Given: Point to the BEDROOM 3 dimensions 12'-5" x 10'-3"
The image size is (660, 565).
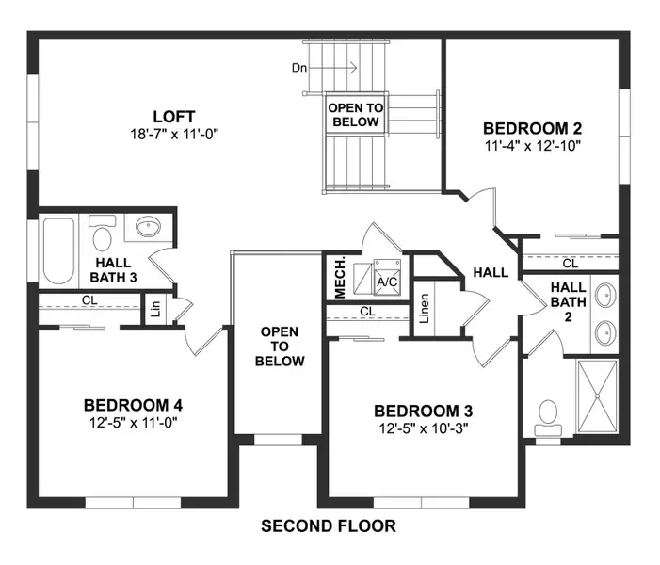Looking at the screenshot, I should tap(423, 428).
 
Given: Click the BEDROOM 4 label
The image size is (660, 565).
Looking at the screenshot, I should tap(132, 405).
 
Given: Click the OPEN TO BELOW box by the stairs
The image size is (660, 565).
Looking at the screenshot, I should tap(354, 115).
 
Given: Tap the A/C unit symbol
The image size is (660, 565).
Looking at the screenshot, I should tap(386, 275).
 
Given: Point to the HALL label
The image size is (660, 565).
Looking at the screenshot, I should tap(491, 273).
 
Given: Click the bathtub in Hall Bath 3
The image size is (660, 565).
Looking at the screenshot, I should tap(58, 250).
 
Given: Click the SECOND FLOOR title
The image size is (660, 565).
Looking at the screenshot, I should tap(328, 525).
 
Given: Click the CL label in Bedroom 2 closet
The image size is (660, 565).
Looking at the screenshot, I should tap(570, 264).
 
